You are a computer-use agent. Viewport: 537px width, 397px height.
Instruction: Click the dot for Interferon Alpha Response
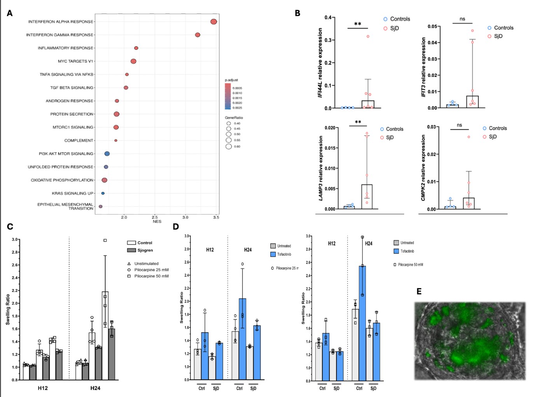pyautogui.click(x=213, y=22)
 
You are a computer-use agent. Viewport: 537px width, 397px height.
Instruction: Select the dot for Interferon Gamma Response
pyautogui.click(x=198, y=35)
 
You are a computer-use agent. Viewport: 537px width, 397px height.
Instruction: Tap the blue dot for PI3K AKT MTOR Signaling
pyautogui.click(x=107, y=154)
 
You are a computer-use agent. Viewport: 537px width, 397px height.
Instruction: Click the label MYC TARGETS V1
pyautogui.click(x=75, y=61)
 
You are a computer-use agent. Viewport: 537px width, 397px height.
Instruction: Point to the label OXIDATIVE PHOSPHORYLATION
pyautogui.click(x=62, y=180)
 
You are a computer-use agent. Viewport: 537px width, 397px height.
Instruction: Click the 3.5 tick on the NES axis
pyautogui.click(x=216, y=218)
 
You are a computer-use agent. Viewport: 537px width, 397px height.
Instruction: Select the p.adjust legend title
pyautogui.click(x=231, y=80)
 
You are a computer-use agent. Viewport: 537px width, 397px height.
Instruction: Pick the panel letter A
pyautogui.click(x=10, y=13)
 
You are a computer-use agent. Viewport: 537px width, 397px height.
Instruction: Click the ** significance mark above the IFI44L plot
pyautogui.click(x=358, y=24)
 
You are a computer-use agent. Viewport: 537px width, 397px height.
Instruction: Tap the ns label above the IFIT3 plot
pyautogui.click(x=462, y=19)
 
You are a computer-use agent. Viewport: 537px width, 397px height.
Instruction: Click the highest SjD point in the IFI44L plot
pyautogui.click(x=368, y=37)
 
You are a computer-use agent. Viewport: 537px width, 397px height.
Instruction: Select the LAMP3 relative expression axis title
pyautogui.click(x=321, y=168)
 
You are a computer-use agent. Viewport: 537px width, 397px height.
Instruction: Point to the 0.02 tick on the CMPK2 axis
pyautogui.click(x=431, y=154)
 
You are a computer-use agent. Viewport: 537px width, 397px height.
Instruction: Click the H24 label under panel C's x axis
pyautogui.click(x=95, y=388)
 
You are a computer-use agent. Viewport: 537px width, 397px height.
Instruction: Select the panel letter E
pyautogui.click(x=419, y=291)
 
